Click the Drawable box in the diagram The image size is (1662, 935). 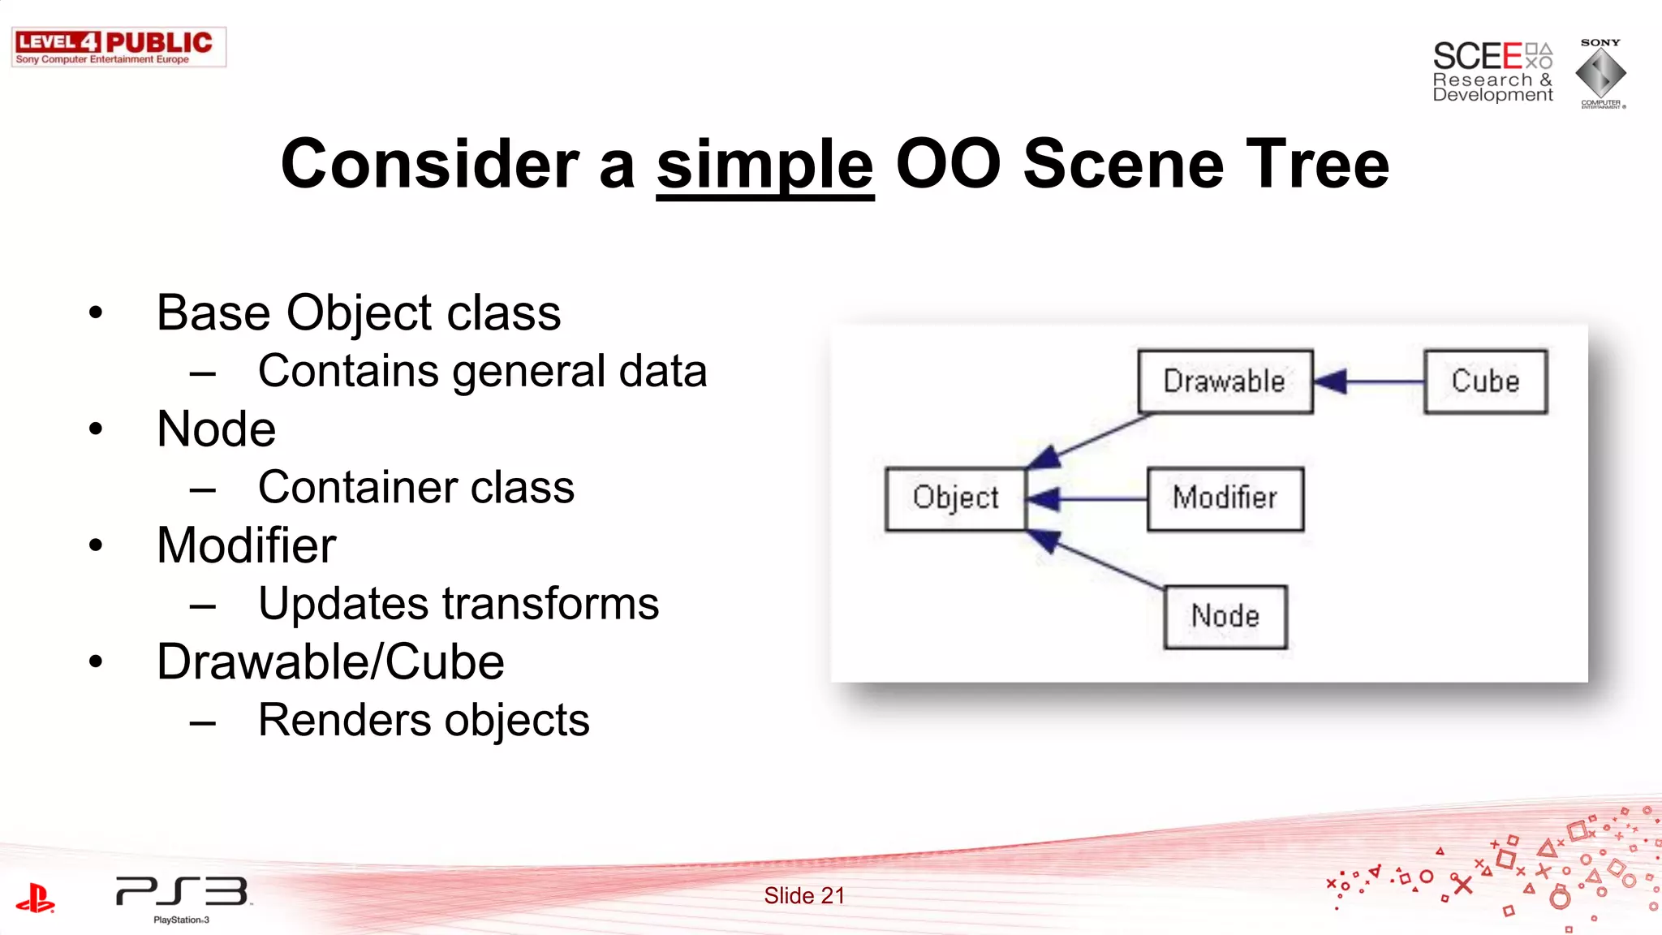1225,381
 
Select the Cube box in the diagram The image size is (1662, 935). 1485,381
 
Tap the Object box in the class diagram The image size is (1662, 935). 955,498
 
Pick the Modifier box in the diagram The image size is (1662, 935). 1225,498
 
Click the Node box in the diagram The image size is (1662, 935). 1225,617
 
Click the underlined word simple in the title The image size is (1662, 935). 764,165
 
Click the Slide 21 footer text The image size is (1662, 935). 804,896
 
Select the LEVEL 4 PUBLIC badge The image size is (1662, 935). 118,47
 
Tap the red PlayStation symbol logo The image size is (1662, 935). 35,898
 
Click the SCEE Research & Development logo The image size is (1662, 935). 1492,73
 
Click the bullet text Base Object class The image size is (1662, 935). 358,313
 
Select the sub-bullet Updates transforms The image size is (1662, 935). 459,604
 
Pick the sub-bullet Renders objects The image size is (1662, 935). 424,721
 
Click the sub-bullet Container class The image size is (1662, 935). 415,488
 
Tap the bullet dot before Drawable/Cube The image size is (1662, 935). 97,661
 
